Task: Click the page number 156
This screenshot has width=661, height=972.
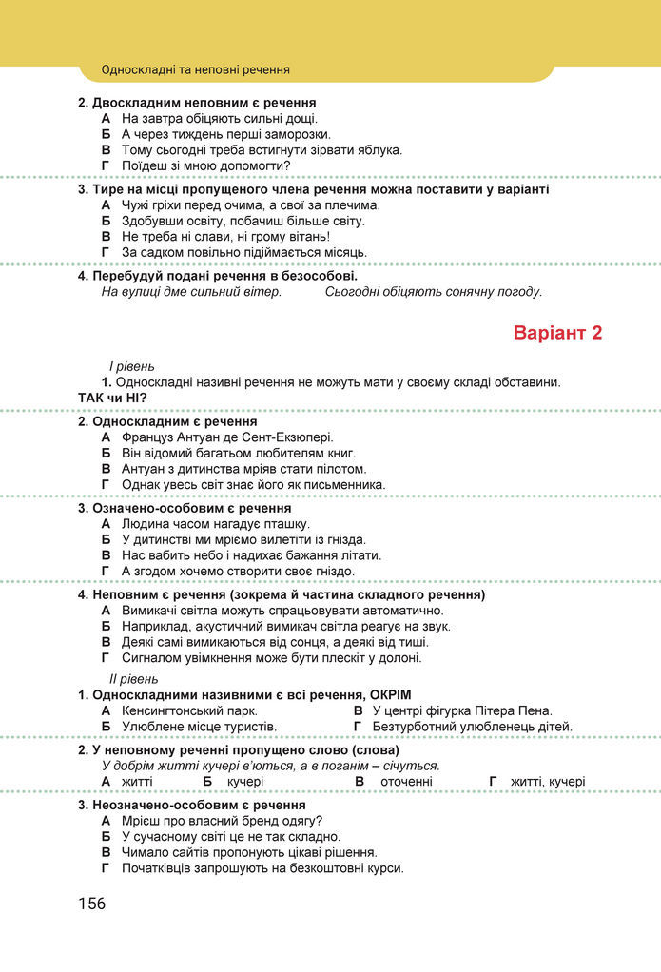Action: coord(92,904)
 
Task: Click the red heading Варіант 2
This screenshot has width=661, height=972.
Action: coord(557,334)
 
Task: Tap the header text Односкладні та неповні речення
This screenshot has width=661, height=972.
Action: coord(195,70)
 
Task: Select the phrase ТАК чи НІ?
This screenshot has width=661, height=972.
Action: coord(112,398)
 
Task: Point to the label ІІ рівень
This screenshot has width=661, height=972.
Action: coord(134,679)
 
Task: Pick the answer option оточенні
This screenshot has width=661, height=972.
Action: coord(406,782)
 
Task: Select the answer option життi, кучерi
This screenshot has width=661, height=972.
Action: coord(548,782)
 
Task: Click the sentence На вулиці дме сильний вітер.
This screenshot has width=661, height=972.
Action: coord(191,292)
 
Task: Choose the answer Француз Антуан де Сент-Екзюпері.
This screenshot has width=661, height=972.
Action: coord(227,437)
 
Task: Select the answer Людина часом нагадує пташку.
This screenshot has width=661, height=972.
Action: coord(216,524)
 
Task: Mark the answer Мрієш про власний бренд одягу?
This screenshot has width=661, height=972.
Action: coord(222,821)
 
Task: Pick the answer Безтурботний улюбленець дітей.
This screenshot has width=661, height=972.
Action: coord(472,727)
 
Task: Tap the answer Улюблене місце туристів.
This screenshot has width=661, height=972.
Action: coord(199,727)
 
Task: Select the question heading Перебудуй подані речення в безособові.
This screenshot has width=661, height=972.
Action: coord(224,276)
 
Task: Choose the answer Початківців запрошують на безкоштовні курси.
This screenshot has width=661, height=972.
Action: coord(262,868)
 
